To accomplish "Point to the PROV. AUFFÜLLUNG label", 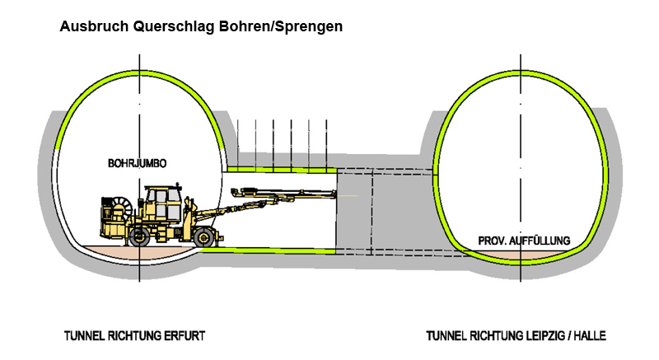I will (x=525, y=241).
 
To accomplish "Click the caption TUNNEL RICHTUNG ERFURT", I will (x=134, y=336).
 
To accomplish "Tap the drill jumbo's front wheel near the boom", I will (x=206, y=237).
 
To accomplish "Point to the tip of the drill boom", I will (x=336, y=194).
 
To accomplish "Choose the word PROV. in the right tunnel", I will (x=492, y=241).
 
